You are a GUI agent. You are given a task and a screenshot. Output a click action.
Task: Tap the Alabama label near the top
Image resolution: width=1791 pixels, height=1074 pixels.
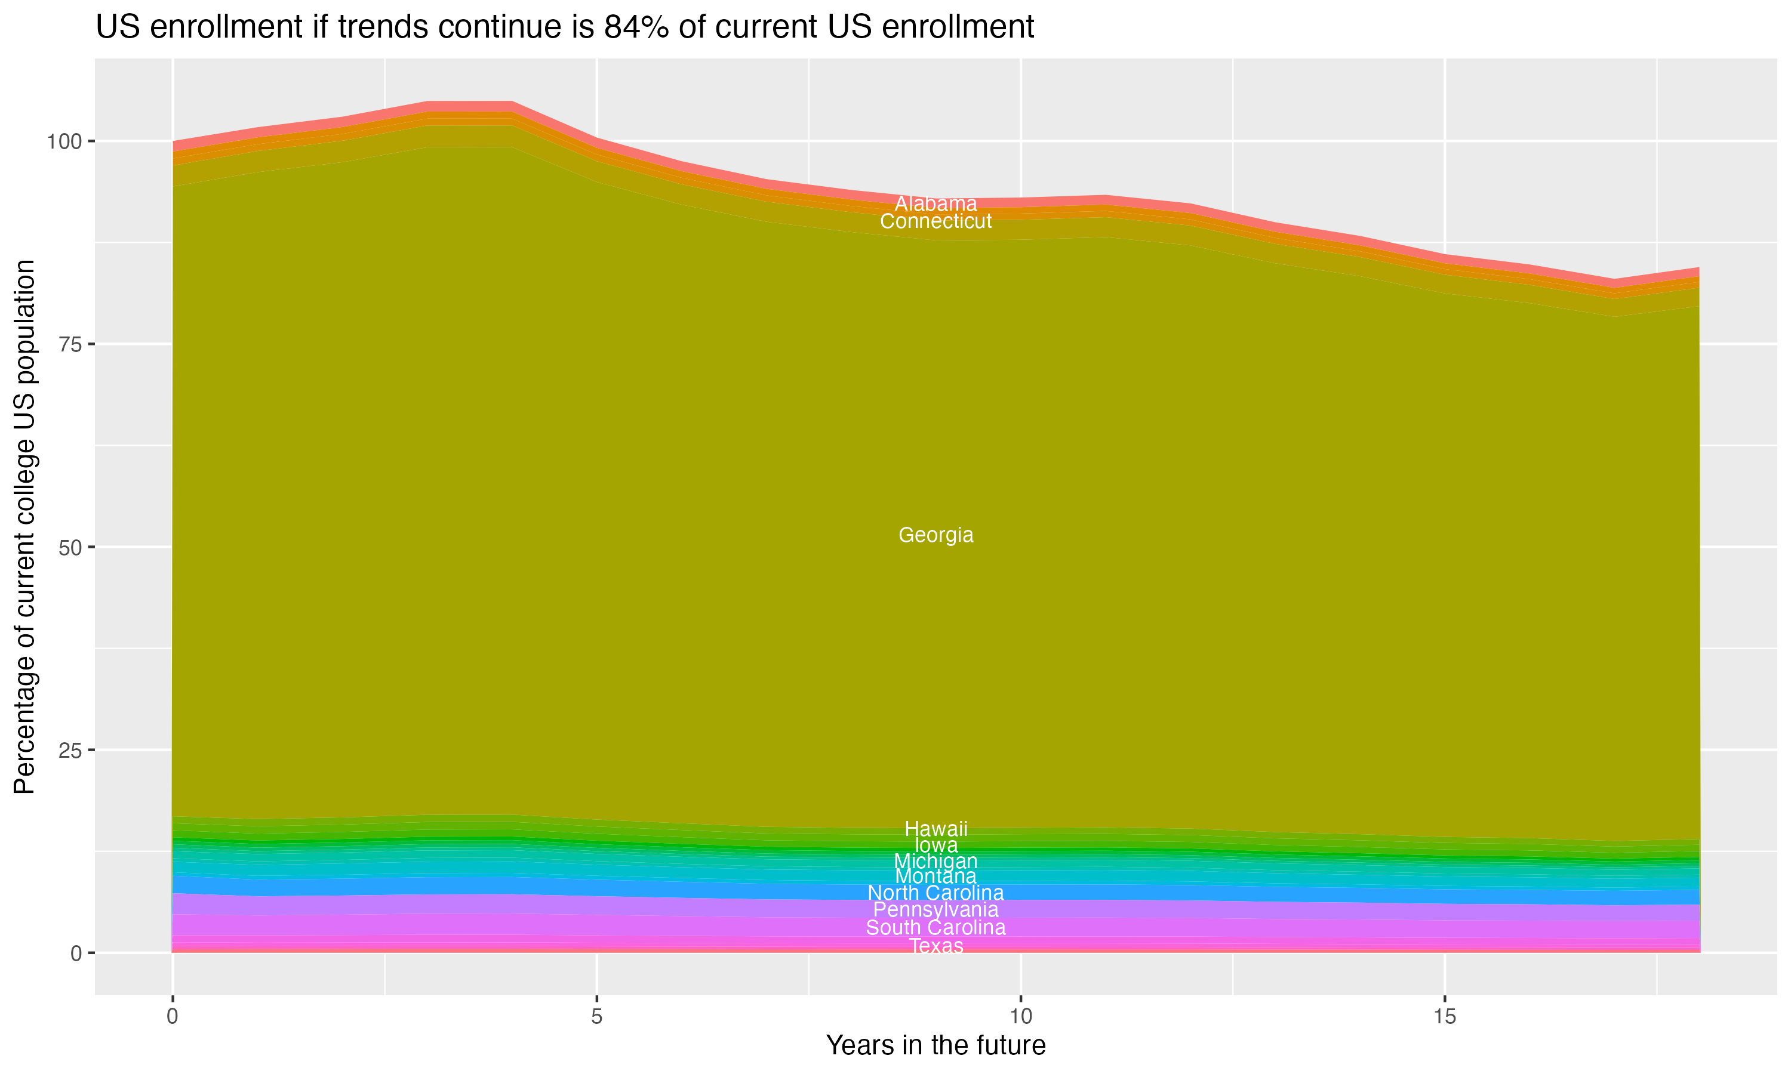[935, 204]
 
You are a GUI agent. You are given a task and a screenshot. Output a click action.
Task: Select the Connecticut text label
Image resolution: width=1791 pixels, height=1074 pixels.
[935, 221]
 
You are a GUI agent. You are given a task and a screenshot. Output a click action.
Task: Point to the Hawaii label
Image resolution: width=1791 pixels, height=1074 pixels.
[935, 829]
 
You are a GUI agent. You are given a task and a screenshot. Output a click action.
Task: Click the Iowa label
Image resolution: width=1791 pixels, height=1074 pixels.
[935, 845]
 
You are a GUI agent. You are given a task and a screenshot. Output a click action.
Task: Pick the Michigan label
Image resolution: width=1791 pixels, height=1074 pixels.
[935, 861]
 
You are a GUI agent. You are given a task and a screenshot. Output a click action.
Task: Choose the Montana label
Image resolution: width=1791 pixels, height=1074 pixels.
[935, 877]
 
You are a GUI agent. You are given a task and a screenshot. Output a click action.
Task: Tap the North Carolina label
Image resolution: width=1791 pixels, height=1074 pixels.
[935, 893]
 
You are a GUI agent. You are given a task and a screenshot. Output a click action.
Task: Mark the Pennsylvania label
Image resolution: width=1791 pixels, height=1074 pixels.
[935, 910]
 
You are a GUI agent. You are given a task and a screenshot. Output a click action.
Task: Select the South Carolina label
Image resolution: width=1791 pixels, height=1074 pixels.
[935, 928]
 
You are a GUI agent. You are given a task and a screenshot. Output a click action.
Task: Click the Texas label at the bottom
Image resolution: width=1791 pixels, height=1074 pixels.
[935, 946]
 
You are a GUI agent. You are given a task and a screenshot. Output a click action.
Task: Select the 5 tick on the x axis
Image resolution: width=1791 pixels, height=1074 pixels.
[596, 1017]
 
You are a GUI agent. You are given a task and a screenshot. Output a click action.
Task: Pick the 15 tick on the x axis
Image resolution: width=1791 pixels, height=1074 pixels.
[1444, 1017]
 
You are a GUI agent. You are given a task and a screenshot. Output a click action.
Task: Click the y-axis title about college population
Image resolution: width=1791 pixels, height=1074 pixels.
[24, 527]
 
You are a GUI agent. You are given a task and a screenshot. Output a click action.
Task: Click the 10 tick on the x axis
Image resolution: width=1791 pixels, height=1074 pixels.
[1020, 1017]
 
